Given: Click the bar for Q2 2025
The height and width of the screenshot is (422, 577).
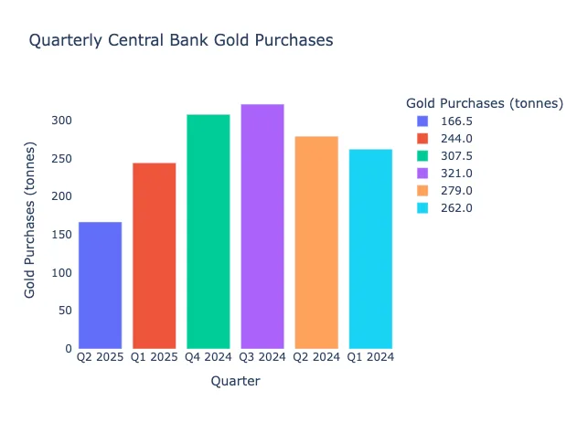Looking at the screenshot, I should tap(100, 285).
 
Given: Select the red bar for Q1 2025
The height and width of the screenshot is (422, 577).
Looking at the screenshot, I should tap(154, 256).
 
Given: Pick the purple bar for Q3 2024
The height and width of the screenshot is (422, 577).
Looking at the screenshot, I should tap(262, 227).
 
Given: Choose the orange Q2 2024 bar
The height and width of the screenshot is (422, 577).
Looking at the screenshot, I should tap(316, 242).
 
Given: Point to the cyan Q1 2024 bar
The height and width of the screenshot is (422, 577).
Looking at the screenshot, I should tap(370, 248).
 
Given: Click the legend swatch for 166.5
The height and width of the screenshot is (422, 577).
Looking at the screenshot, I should tap(422, 121).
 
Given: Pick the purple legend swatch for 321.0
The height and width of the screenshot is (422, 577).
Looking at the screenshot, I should tap(422, 173).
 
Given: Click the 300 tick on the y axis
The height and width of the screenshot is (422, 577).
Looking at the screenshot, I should tap(60, 121).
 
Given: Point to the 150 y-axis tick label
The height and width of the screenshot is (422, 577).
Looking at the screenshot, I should tap(60, 235).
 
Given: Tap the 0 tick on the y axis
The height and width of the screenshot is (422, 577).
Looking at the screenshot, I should tap(68, 349).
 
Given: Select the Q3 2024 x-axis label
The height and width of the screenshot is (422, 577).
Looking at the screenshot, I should tap(262, 357).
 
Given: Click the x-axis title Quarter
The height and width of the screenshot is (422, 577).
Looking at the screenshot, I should tap(235, 382).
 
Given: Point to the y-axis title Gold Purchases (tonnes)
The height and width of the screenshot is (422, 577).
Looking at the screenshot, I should tap(31, 220).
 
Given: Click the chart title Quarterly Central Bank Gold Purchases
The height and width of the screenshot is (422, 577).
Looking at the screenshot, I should tap(181, 40).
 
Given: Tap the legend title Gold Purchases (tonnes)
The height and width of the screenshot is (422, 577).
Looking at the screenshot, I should tap(484, 103).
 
